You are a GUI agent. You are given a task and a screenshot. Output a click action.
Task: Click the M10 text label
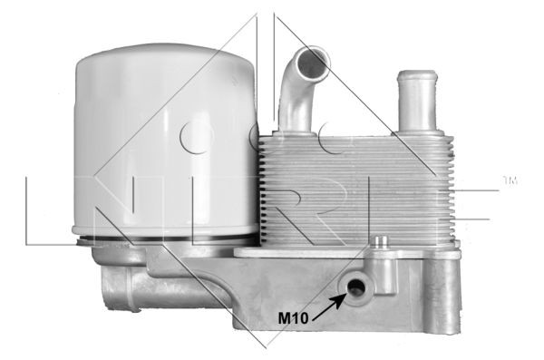(293, 317)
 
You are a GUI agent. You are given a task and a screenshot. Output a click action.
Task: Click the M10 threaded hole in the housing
(356, 287)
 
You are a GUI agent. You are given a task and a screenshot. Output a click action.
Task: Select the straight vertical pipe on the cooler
(417, 102)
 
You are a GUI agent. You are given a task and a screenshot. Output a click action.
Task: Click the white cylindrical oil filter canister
(166, 139)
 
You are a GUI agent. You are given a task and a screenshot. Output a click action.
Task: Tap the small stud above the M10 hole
(383, 242)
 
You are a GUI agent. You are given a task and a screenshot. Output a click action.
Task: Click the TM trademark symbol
(510, 180)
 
